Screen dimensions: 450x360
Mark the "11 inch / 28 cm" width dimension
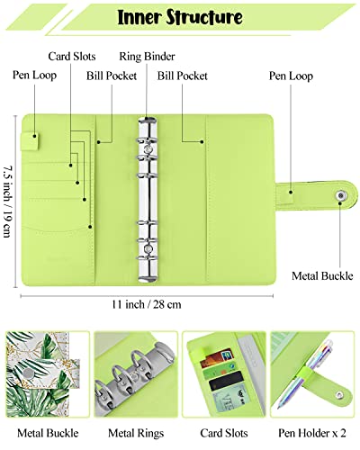tap(146, 304)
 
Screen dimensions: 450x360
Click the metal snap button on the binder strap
tap(340, 193)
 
